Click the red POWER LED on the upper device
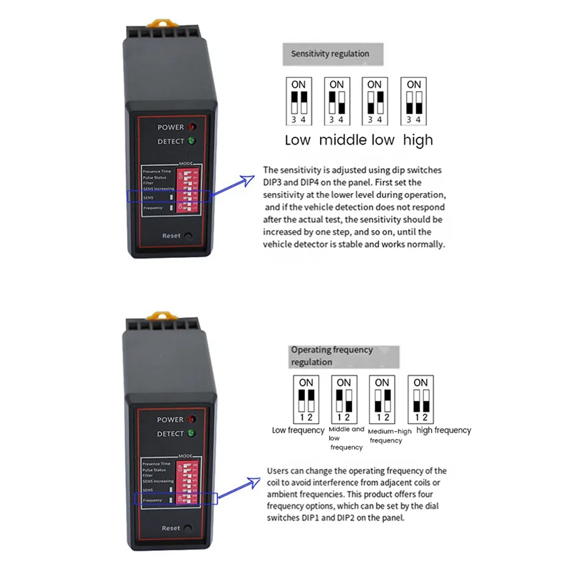pyautogui.click(x=192, y=127)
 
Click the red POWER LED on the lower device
pyautogui.click(x=190, y=420)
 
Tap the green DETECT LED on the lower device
pyautogui.click(x=191, y=433)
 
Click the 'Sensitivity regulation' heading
pyautogui.click(x=331, y=53)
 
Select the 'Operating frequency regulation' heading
pyautogui.click(x=331, y=356)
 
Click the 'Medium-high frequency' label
pyautogui.click(x=385, y=436)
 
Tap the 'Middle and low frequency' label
pyautogui.click(x=346, y=438)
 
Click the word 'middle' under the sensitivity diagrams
pyautogui.click(x=343, y=140)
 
